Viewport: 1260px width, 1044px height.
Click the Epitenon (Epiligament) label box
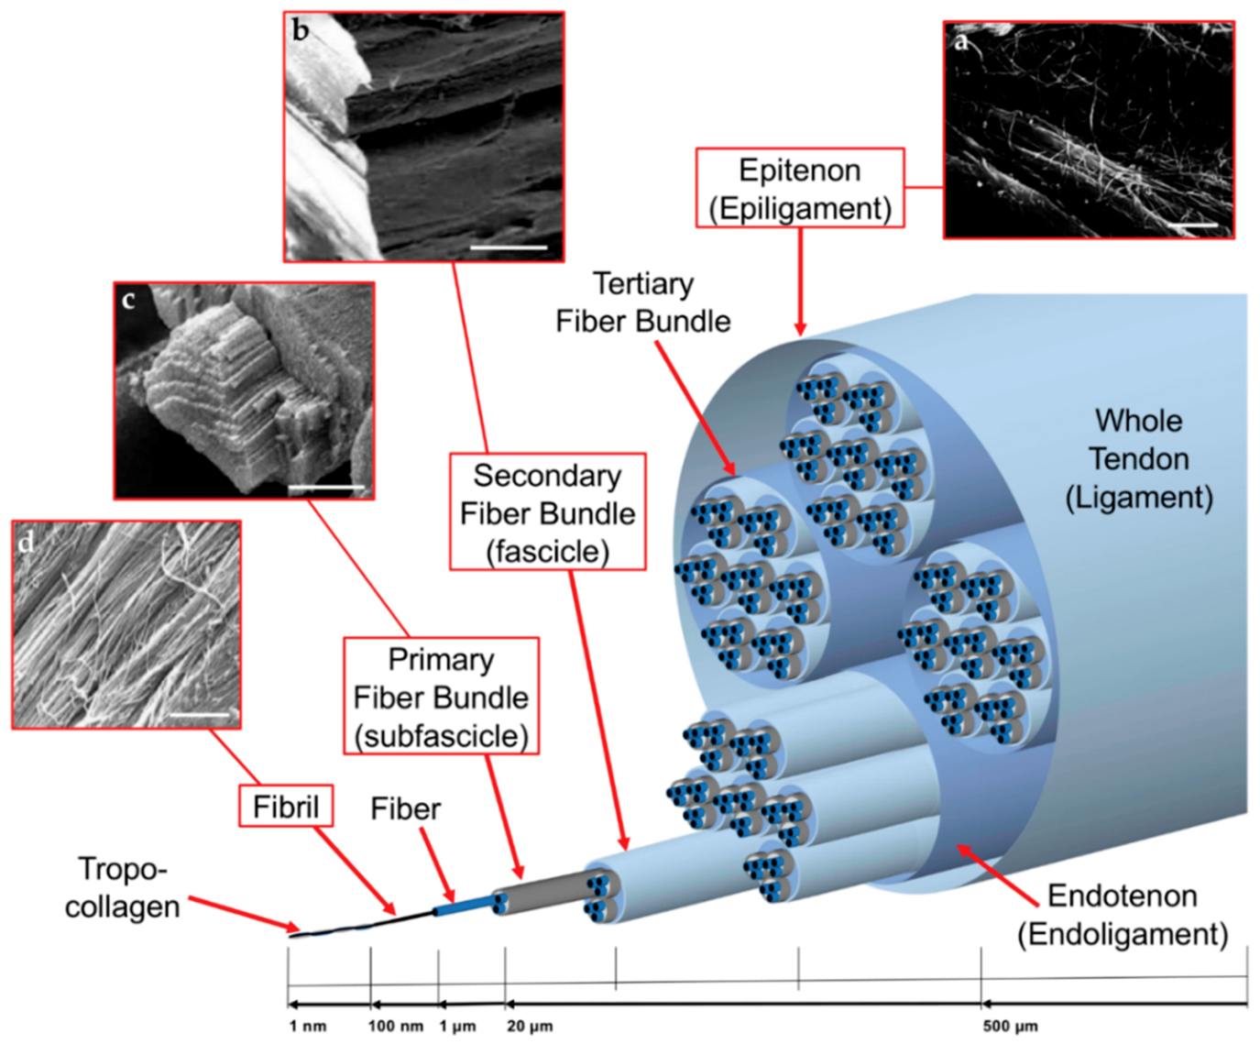[800, 188]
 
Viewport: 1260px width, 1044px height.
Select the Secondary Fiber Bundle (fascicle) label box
[547, 512]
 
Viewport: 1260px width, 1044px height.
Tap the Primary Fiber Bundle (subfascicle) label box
[441, 697]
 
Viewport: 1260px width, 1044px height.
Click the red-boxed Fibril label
[286, 807]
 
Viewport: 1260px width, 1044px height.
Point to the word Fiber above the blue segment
[405, 808]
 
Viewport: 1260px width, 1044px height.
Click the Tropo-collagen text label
[122, 886]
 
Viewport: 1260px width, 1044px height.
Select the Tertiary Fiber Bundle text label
[643, 302]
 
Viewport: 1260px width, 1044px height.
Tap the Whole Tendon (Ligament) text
[1138, 458]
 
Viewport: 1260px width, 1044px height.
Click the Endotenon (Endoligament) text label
[1123, 914]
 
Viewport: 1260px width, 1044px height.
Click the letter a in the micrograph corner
[961, 42]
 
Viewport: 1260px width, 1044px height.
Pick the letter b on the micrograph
[301, 31]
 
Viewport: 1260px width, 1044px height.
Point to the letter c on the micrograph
[128, 299]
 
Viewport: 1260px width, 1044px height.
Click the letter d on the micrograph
[27, 543]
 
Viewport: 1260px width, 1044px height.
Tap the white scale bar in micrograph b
[509, 247]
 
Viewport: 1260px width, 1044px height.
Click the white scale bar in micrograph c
[326, 487]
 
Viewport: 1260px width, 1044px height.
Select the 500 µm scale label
[1010, 1026]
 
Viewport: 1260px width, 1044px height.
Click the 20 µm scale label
[530, 1026]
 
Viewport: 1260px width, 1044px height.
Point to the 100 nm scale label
[395, 1026]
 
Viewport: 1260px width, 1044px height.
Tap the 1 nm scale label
[307, 1026]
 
